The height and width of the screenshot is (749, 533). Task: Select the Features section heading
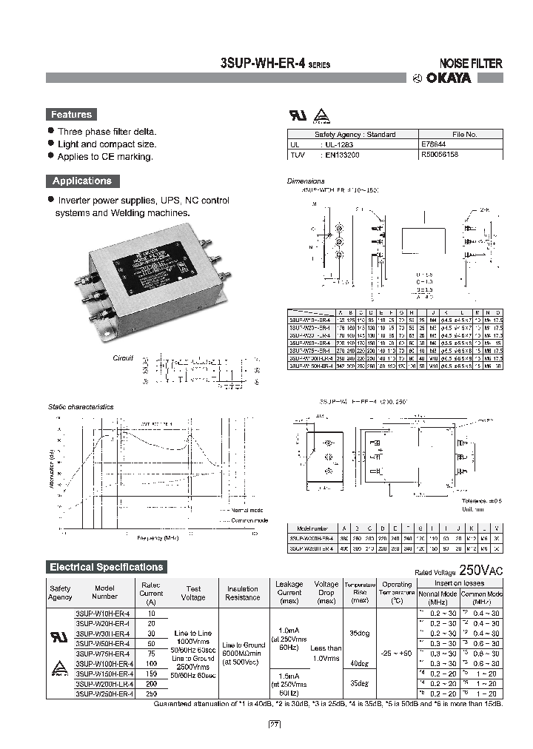pyautogui.click(x=71, y=115)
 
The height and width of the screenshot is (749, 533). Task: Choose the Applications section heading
pyautogui.click(x=81, y=181)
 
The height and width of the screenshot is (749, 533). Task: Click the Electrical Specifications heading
pyautogui.click(x=106, y=567)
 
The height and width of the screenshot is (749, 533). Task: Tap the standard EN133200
pyautogui.click(x=343, y=155)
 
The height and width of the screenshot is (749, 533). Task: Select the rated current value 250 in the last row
pyautogui.click(x=150, y=693)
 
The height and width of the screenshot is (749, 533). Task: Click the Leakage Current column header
pyautogui.click(x=289, y=589)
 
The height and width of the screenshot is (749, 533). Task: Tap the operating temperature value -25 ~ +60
pyautogui.click(x=397, y=654)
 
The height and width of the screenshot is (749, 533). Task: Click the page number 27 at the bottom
pyautogui.click(x=275, y=724)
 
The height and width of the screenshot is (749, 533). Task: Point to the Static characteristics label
pyautogui.click(x=81, y=407)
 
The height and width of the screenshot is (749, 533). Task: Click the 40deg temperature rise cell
pyautogui.click(x=360, y=663)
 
